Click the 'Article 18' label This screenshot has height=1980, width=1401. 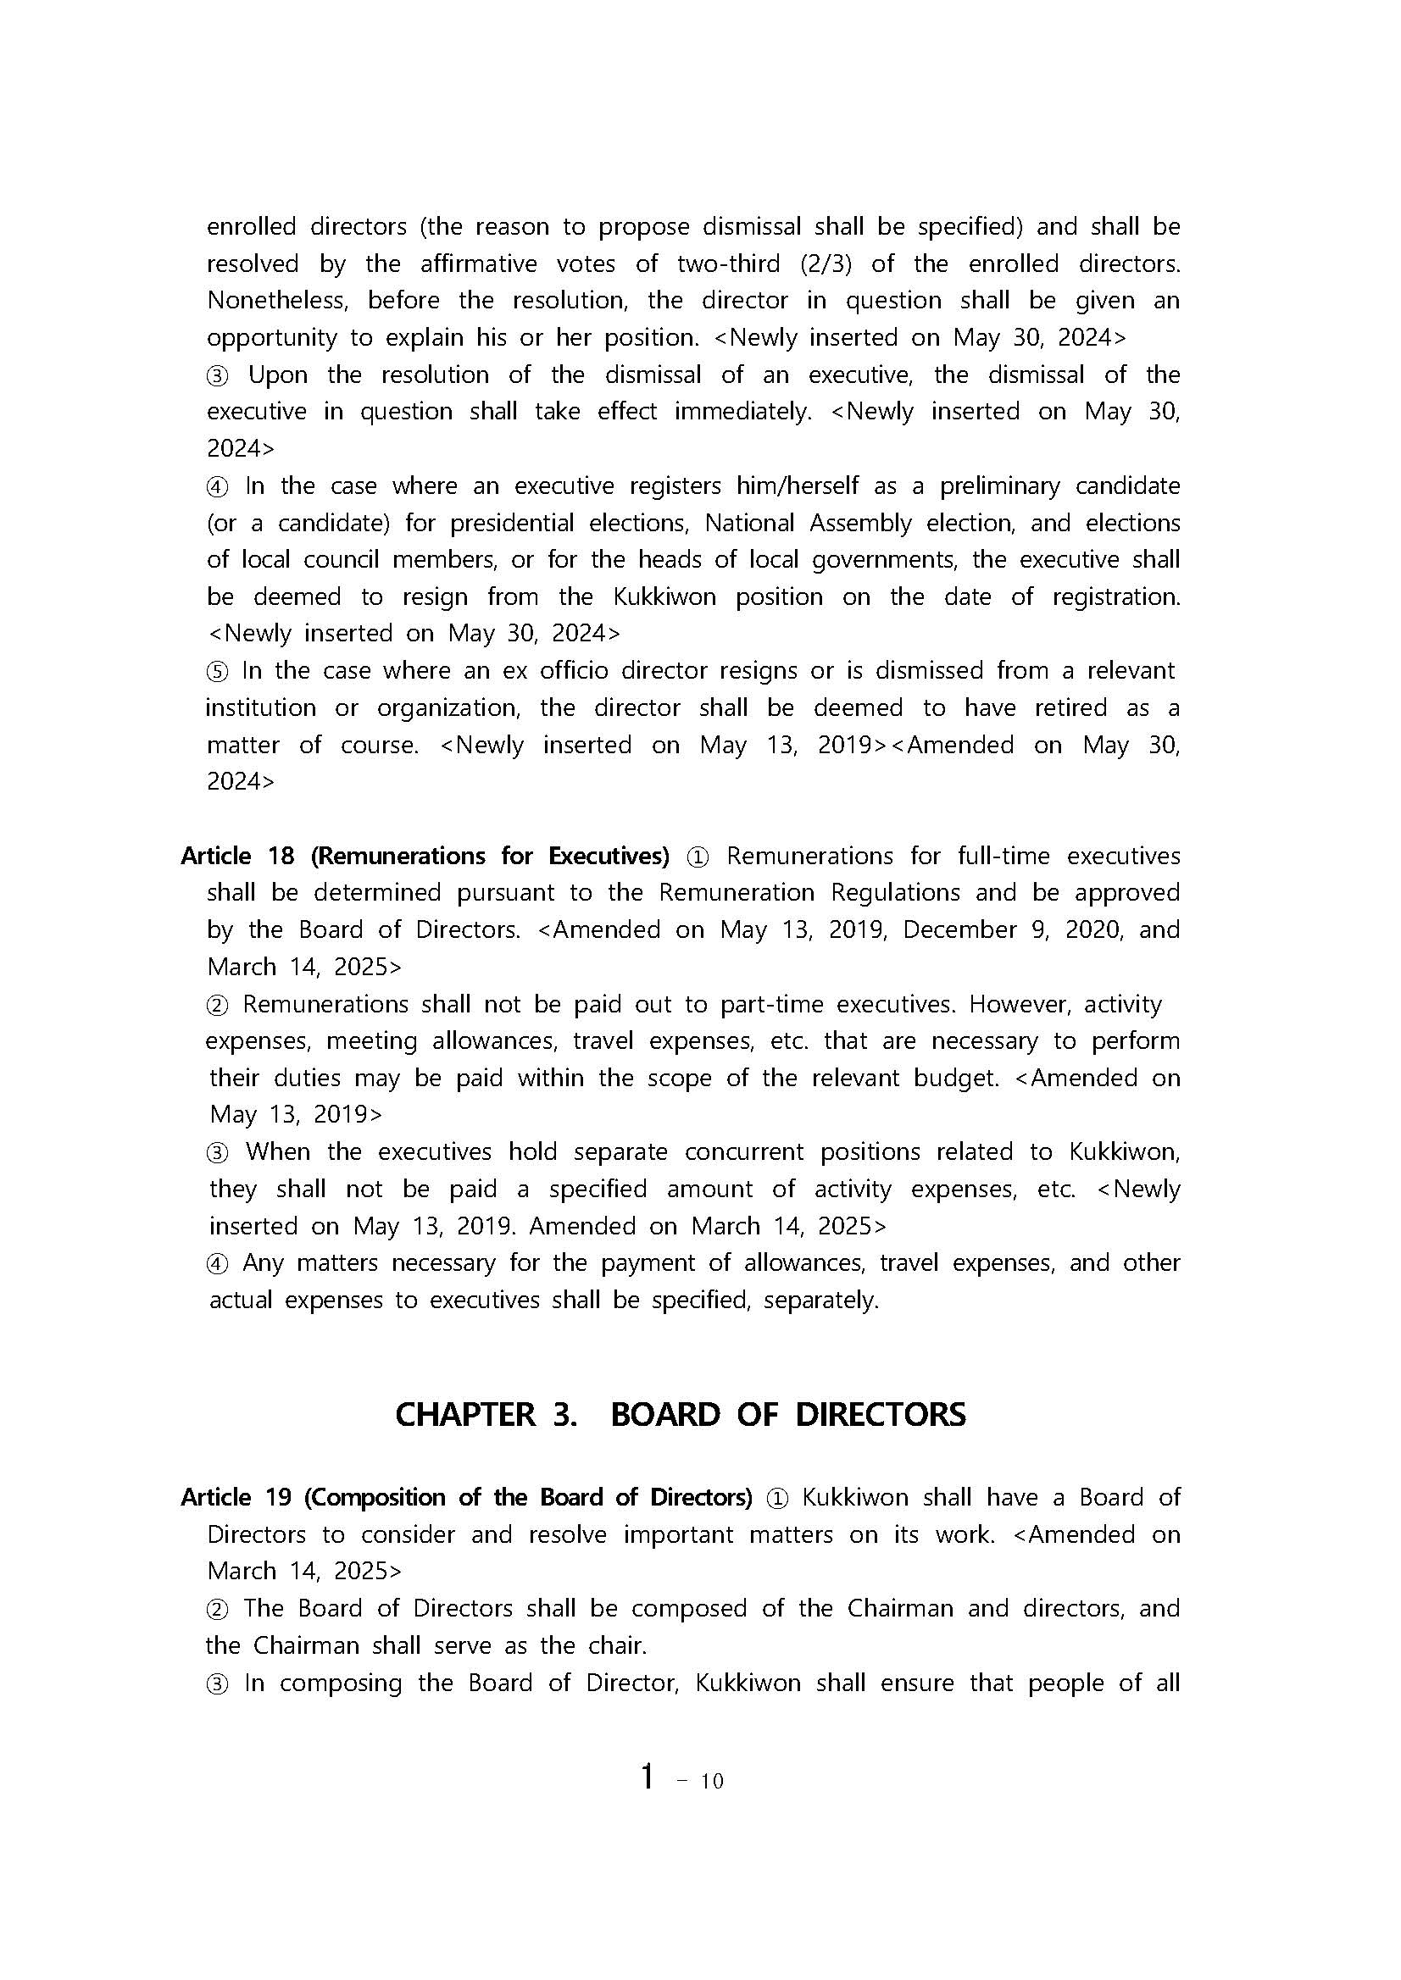(x=237, y=856)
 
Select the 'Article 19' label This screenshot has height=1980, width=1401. (x=236, y=1498)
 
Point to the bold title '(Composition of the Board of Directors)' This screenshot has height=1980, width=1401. (x=528, y=1498)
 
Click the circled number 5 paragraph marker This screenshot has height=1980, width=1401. (x=217, y=671)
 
